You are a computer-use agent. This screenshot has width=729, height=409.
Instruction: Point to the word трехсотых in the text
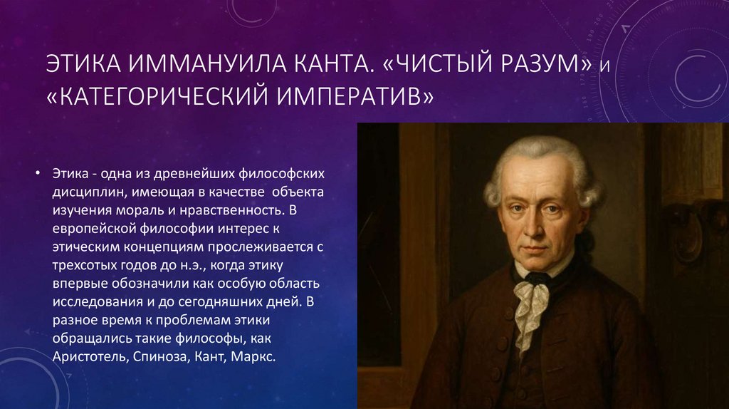pos(83,266)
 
